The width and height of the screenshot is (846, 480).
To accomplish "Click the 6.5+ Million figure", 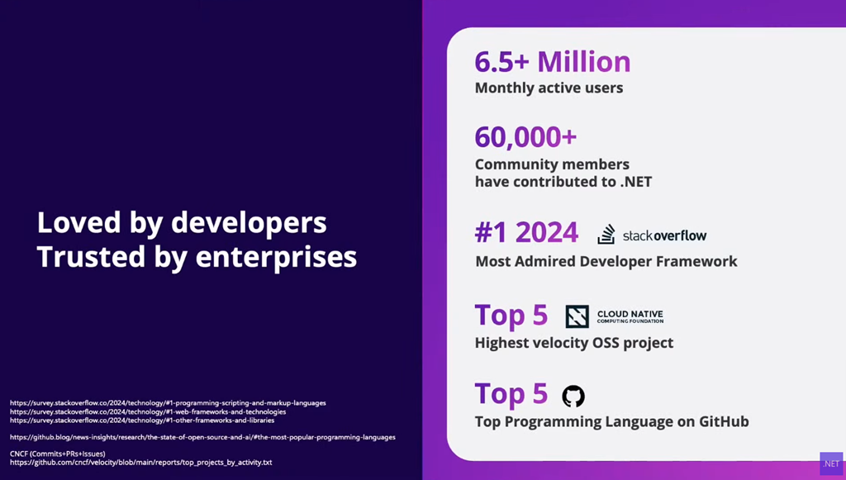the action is click(x=553, y=61).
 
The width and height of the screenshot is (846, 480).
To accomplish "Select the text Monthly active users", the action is click(x=549, y=88).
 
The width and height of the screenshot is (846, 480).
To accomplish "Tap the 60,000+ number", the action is click(x=525, y=137).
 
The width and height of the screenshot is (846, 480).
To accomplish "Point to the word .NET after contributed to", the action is click(x=636, y=182).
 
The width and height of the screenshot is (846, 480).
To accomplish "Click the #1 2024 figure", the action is click(x=526, y=233).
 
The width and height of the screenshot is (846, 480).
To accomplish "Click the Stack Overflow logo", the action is click(x=653, y=235).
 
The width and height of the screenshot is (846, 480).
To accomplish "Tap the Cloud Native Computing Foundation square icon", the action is click(x=577, y=316).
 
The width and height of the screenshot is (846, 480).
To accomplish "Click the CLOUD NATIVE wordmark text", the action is click(x=630, y=314).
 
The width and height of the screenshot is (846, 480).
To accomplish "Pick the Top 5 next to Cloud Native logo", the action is click(x=511, y=316).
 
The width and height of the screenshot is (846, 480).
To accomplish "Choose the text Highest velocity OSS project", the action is click(x=574, y=343).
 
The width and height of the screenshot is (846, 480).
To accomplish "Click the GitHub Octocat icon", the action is click(x=573, y=396).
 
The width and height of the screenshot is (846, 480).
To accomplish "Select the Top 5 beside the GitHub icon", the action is click(x=511, y=394).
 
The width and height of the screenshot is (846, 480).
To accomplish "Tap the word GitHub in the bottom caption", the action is click(x=724, y=421).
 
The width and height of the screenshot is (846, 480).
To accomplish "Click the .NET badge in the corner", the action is click(x=831, y=463).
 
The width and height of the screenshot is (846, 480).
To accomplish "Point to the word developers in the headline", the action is click(x=249, y=223).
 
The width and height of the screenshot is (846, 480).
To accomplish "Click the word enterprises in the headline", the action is click(x=276, y=257).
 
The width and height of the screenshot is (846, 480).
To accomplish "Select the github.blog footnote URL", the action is click(x=203, y=437).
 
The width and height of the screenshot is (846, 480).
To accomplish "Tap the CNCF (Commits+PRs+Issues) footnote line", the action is click(x=58, y=454).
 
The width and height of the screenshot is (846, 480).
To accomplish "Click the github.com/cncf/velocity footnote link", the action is click(x=140, y=462).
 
